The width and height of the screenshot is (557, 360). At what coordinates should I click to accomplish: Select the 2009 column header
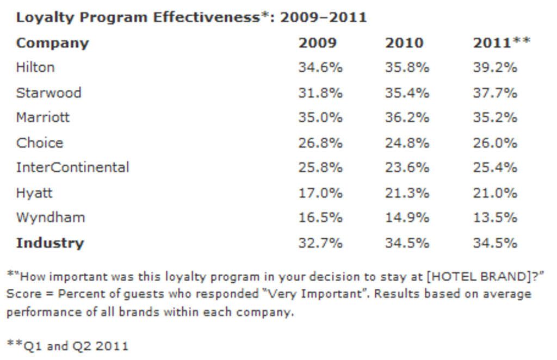pos(317,43)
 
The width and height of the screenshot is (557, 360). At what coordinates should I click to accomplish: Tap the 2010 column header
pos(404,43)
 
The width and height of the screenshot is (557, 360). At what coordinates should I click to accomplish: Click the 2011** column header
pos(501,43)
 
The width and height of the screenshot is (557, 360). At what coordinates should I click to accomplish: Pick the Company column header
pos(52,43)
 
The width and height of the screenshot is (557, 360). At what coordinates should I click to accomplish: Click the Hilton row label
pos(35,67)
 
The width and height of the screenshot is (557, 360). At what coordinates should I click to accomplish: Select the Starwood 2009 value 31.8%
pos(320,93)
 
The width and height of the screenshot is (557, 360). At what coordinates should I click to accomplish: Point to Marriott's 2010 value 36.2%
pos(407,117)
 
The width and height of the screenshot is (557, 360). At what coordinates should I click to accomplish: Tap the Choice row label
pos(39,143)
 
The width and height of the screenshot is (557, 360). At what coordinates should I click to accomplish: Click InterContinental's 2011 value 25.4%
pos(494,167)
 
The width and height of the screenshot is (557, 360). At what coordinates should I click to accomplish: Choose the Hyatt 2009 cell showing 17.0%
pos(320,193)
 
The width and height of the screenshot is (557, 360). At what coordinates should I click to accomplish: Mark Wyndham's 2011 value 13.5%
pos(494,218)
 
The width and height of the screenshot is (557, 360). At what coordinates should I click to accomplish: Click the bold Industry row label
pos(50,243)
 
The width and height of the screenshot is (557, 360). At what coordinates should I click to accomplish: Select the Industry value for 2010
pos(407,243)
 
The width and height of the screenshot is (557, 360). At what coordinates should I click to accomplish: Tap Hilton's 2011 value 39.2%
pos(494,67)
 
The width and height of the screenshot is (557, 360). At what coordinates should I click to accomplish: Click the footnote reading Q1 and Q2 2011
pos(68,345)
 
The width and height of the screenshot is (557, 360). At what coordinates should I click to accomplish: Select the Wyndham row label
pos(50,218)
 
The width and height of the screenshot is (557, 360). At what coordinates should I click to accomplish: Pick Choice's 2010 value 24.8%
pos(407,143)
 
